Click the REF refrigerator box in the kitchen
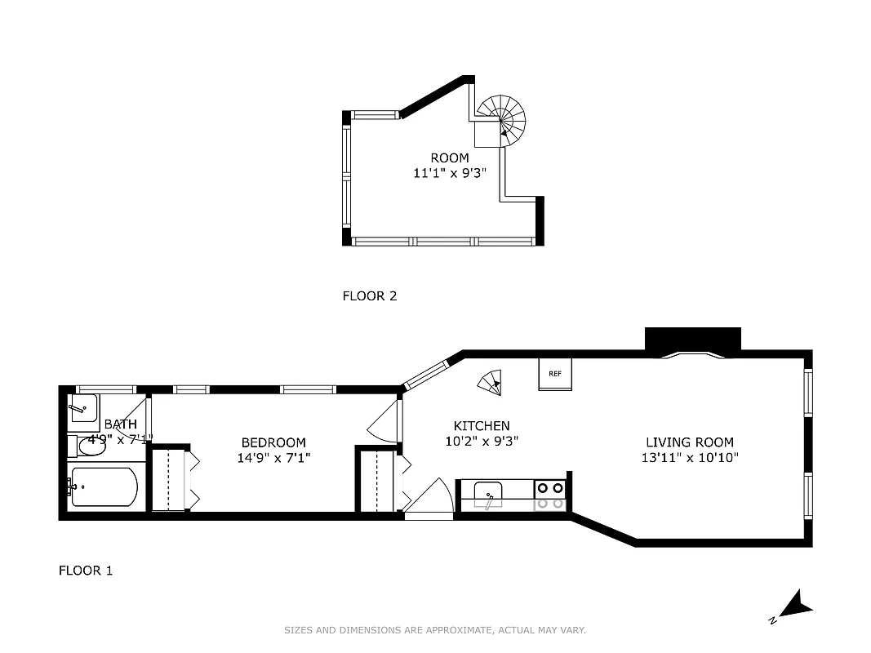click(555, 374)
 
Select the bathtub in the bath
click(104, 487)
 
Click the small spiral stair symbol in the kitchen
click(490, 381)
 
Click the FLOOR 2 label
click(369, 295)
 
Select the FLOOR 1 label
click(85, 570)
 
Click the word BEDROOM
click(273, 442)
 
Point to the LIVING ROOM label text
click(689, 442)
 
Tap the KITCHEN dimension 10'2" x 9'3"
click(482, 442)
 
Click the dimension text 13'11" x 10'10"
click(689, 458)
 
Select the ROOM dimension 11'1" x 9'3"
click(450, 173)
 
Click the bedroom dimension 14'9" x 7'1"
click(273, 458)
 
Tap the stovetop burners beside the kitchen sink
click(551, 495)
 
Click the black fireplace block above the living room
click(692, 340)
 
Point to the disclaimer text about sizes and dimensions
click(435, 630)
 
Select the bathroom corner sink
click(82, 407)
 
